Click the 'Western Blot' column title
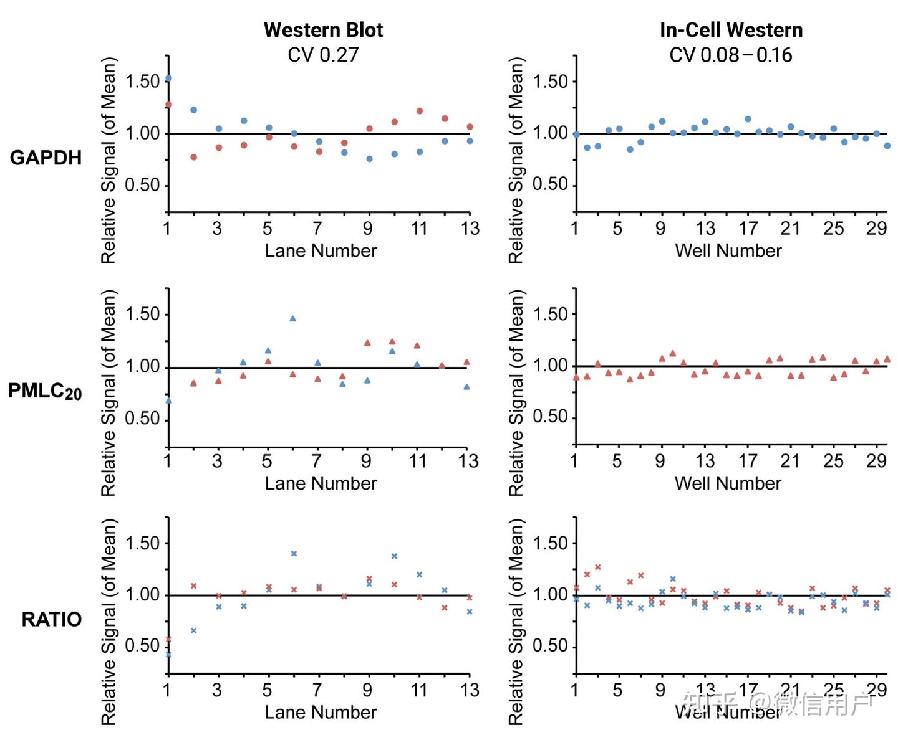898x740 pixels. pos(323,30)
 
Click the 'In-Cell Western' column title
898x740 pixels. pos(731,30)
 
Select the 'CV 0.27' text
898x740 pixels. pos(323,55)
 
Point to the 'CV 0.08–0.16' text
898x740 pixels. pos(731,55)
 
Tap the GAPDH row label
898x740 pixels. pos(46,158)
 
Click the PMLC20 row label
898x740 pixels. pos(45,391)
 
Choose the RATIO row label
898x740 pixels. pos(52,619)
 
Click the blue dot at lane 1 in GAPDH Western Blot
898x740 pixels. pos(168,78)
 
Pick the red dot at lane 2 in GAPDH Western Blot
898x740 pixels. pos(193,157)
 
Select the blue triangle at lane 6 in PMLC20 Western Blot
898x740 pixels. pos(293,318)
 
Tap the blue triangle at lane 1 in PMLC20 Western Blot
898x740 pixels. pos(168,401)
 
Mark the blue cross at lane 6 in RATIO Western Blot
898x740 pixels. pos(294,553)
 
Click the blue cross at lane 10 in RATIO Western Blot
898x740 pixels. pos(394,556)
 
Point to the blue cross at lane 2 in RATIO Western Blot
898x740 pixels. pos(193,630)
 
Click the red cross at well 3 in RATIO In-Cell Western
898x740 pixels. pos(597,567)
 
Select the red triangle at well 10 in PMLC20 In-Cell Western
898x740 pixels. pos(672,353)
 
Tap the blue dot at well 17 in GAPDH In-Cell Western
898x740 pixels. pos(748,119)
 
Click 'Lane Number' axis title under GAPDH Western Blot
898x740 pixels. pos(321,250)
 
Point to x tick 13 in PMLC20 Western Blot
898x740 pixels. pos(469,461)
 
